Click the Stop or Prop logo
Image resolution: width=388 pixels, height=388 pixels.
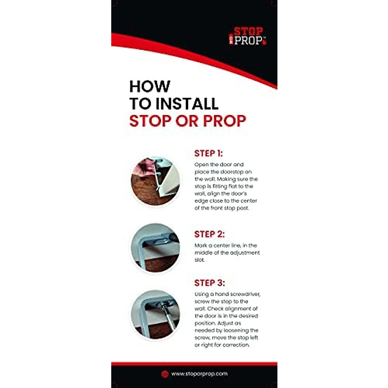click(248, 36)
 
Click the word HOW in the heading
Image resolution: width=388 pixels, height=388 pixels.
click(149, 87)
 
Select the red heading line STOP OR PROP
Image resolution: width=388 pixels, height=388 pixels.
click(188, 121)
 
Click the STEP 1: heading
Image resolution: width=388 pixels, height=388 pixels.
click(209, 153)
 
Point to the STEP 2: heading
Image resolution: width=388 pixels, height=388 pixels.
click(209, 234)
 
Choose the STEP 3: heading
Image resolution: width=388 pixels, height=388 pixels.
click(209, 283)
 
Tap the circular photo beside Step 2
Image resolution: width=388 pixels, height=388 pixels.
click(155, 248)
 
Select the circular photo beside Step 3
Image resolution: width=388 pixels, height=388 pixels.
click(155, 315)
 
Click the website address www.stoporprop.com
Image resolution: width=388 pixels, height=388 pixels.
click(199, 374)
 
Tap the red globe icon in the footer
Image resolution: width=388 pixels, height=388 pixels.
click(165, 374)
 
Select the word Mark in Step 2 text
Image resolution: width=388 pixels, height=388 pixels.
click(200, 245)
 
